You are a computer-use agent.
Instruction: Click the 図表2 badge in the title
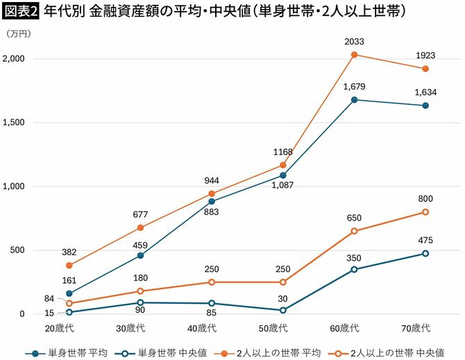pyautogui.click(x=21, y=12)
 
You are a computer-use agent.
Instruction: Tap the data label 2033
pyautogui.click(x=354, y=42)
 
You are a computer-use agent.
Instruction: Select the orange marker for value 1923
pyautogui.click(x=425, y=69)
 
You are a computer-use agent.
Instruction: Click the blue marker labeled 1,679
pyautogui.click(x=354, y=100)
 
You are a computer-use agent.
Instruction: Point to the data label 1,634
pyautogui.click(x=425, y=92)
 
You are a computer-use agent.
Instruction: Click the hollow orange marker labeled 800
pyautogui.click(x=425, y=212)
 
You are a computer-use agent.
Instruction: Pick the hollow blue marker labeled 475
pyautogui.click(x=425, y=253)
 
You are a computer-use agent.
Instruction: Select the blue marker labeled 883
pyautogui.click(x=211, y=201)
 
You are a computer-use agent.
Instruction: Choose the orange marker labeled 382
pyautogui.click(x=69, y=265)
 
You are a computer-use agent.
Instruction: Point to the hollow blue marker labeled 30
pyautogui.click(x=282, y=310)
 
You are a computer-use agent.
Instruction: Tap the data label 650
pyautogui.click(x=354, y=218)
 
